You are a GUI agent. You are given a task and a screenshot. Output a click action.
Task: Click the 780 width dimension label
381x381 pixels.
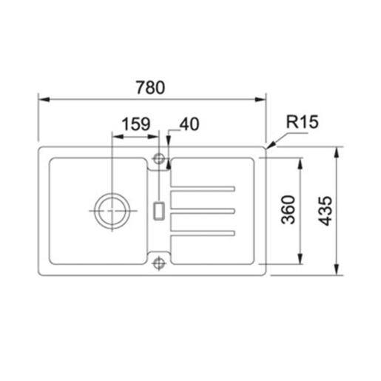[x=151, y=87]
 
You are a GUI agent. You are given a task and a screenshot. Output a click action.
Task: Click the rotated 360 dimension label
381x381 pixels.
[x=289, y=210]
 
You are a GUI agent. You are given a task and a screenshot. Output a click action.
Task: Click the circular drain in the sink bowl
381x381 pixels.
[x=110, y=210]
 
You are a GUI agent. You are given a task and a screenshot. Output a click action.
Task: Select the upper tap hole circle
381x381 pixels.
[x=158, y=158]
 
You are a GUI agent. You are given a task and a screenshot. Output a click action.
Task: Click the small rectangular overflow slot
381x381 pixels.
[x=158, y=210]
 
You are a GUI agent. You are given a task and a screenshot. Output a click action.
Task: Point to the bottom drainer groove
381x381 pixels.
[x=203, y=234]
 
